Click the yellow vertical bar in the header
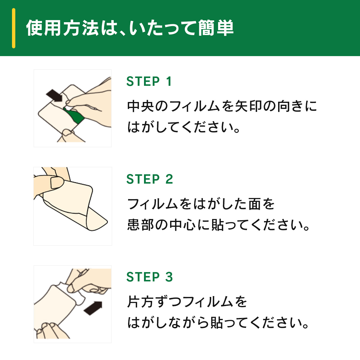click(13, 28)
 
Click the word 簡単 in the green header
click(216, 28)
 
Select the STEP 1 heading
click(149, 82)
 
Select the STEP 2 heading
click(150, 179)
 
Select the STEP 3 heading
click(150, 277)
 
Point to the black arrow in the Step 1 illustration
click(54, 95)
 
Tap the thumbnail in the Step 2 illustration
click(57, 182)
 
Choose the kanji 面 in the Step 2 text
click(255, 204)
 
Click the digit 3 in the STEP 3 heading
click(169, 277)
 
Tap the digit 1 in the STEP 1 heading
click(169, 82)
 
